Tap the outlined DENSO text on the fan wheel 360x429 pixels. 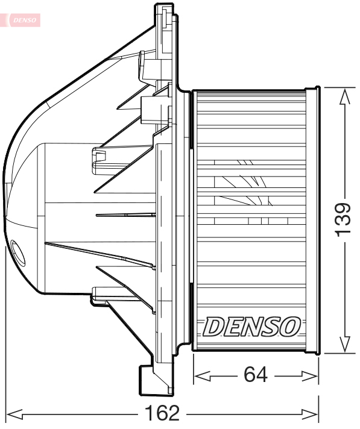251,327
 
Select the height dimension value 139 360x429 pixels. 343,219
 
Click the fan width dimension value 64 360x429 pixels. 256,375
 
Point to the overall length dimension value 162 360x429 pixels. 163,414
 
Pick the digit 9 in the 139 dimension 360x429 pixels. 343,207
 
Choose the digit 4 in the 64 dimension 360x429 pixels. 264,375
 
